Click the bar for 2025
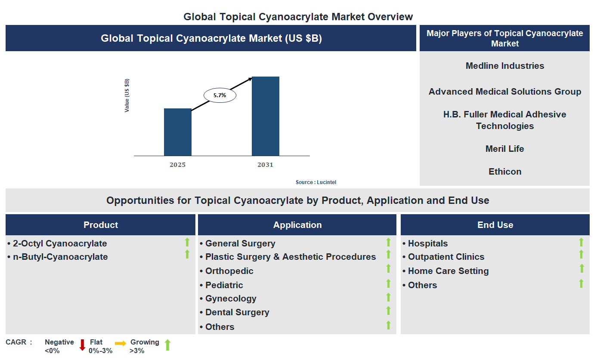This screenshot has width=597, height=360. coord(177,132)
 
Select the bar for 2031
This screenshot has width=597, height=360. coord(265,116)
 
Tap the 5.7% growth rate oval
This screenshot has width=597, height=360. coord(220,95)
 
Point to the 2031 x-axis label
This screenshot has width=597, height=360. coord(265,165)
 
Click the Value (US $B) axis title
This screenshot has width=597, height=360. coord(127,95)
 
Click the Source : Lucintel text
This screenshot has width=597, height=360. coord(316,182)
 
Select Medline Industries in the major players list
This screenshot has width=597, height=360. coord(504,66)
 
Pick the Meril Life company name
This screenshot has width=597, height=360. coord(504,149)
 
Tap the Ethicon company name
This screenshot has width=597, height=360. coord(504,172)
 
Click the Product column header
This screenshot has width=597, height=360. coord(101,225)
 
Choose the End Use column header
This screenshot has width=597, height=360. coord(495,225)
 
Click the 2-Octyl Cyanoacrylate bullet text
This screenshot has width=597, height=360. coord(60,243)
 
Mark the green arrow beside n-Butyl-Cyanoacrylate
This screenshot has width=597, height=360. coord(187,255)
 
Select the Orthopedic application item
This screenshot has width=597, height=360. coord(229,271)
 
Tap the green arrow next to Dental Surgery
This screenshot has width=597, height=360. coord(388,311)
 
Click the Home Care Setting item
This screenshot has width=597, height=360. coord(448,271)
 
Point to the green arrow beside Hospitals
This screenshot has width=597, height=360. coord(581,242)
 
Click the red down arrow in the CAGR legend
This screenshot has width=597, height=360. coord(82,345)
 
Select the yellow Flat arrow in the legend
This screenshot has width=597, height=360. coord(121,343)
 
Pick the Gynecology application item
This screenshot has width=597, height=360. coord(231,298)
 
